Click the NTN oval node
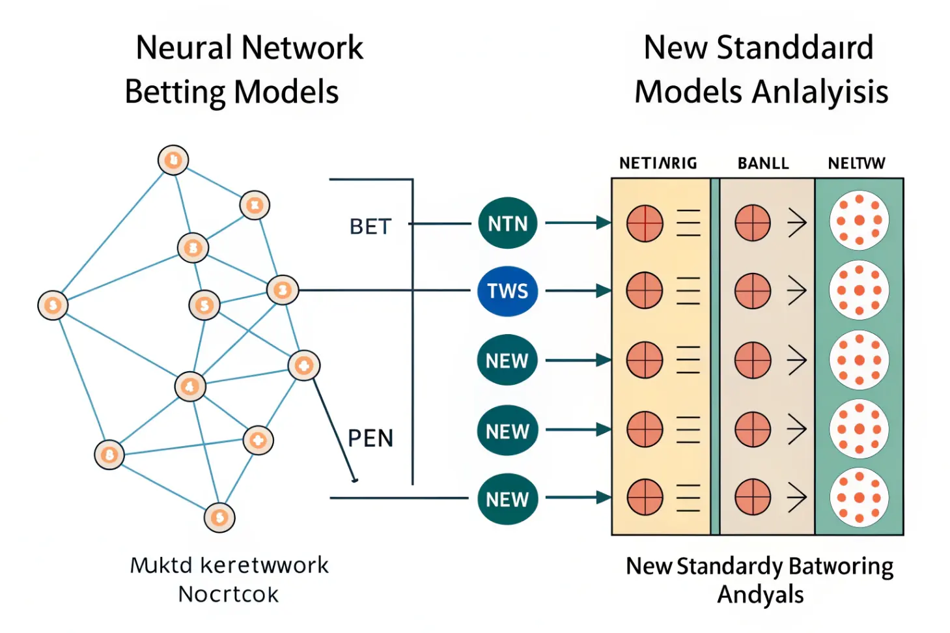(507, 223)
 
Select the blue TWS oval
(507, 291)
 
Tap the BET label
(370, 227)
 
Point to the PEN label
(370, 438)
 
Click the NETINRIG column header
(658, 163)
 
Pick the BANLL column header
(762, 163)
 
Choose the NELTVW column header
(856, 163)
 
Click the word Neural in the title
(184, 48)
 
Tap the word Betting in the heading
(175, 92)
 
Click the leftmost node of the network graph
(53, 305)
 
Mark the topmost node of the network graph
(173, 160)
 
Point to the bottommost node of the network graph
(219, 518)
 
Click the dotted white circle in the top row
(859, 221)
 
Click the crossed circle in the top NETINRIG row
(645, 223)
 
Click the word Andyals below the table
(760, 595)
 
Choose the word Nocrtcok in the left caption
(229, 595)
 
